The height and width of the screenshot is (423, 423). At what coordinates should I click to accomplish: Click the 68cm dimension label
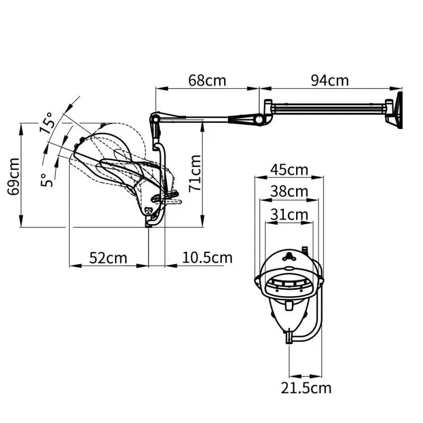(x=207, y=80)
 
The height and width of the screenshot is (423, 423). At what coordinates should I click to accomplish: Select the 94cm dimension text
(x=329, y=80)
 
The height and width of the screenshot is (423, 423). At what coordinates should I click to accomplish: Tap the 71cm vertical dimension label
(x=196, y=172)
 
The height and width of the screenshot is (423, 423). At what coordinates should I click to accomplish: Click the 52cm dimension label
(x=108, y=258)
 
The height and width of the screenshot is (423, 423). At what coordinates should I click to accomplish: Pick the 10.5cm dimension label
(x=207, y=258)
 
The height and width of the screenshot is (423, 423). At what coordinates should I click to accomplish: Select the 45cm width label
(x=289, y=170)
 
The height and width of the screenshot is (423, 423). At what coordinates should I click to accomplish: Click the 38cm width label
(x=289, y=191)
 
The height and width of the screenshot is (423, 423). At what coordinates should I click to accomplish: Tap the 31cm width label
(x=289, y=214)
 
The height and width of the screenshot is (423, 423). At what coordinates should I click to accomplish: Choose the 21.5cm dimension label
(x=306, y=388)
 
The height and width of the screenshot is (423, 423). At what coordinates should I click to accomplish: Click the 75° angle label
(x=47, y=122)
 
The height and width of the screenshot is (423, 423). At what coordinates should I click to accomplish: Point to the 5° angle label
(x=48, y=179)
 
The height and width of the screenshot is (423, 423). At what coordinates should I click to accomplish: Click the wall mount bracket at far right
(x=395, y=110)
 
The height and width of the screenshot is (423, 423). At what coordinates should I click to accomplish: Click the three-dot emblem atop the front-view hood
(x=288, y=257)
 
